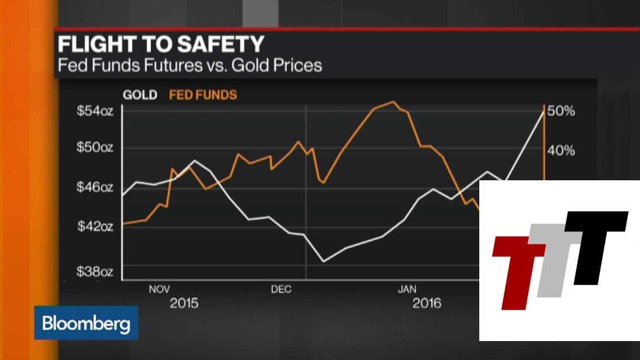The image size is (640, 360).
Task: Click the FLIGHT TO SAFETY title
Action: tap(161, 45)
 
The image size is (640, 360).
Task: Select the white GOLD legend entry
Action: tap(139, 95)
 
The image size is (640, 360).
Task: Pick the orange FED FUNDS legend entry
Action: tap(203, 95)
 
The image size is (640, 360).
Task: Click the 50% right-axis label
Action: tap(561, 111)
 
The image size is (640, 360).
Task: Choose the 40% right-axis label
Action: tap(561, 150)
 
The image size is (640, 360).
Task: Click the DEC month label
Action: tap(281, 289)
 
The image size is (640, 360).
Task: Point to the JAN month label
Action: tap(407, 289)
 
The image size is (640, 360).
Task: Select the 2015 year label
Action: tap(184, 303)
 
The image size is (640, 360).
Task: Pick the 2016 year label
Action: tap(427, 303)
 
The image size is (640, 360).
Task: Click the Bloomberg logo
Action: tap(86, 323)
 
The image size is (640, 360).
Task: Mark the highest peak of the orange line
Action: tap(393, 102)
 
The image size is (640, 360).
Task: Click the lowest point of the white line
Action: tap(324, 261)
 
